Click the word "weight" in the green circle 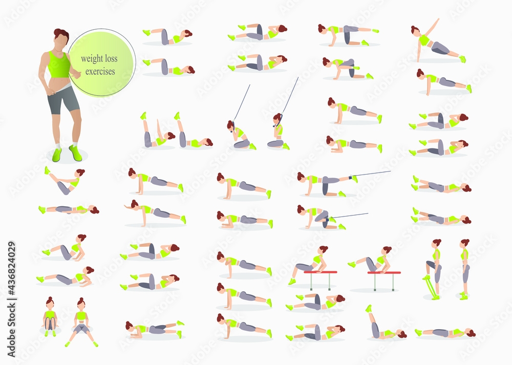coord(92,59)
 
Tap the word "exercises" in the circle coord(100,71)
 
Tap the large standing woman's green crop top coord(58,65)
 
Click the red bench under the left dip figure coord(321,272)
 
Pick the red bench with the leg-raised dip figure coord(384,273)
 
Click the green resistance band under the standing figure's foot coord(431,287)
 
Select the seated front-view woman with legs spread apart coord(81,321)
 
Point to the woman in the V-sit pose coord(65,181)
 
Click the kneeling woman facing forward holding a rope coord(279,132)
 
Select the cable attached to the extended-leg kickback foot coord(371,174)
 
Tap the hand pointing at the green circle coord(76,74)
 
